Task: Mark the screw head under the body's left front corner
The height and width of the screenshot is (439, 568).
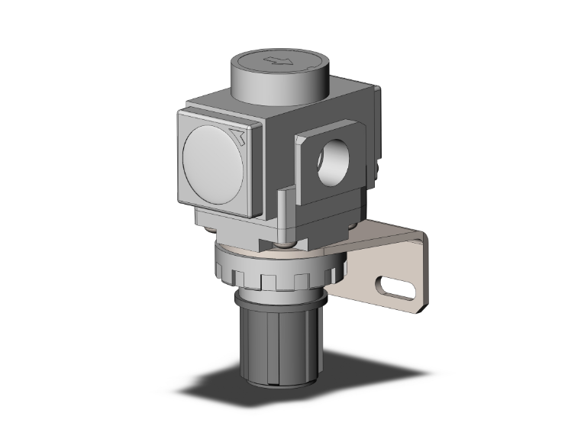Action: (x=207, y=227)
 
